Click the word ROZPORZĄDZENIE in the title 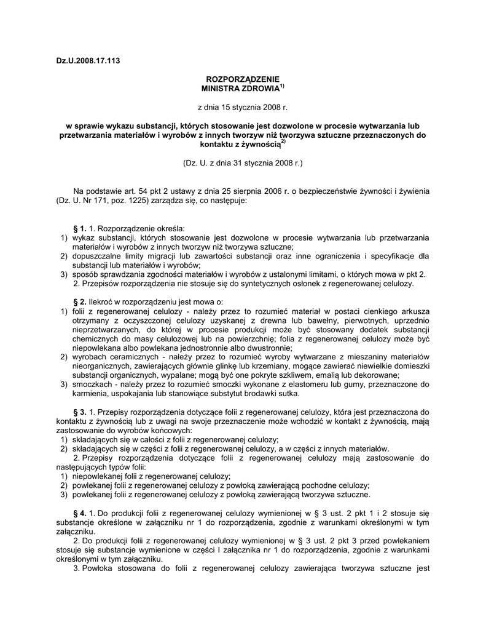(x=242, y=79)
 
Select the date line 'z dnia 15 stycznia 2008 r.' (x=242, y=107)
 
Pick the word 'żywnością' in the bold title (x=260, y=145)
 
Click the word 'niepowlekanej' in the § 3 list (x=99, y=476)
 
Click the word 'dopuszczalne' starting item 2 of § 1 (x=98, y=256)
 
